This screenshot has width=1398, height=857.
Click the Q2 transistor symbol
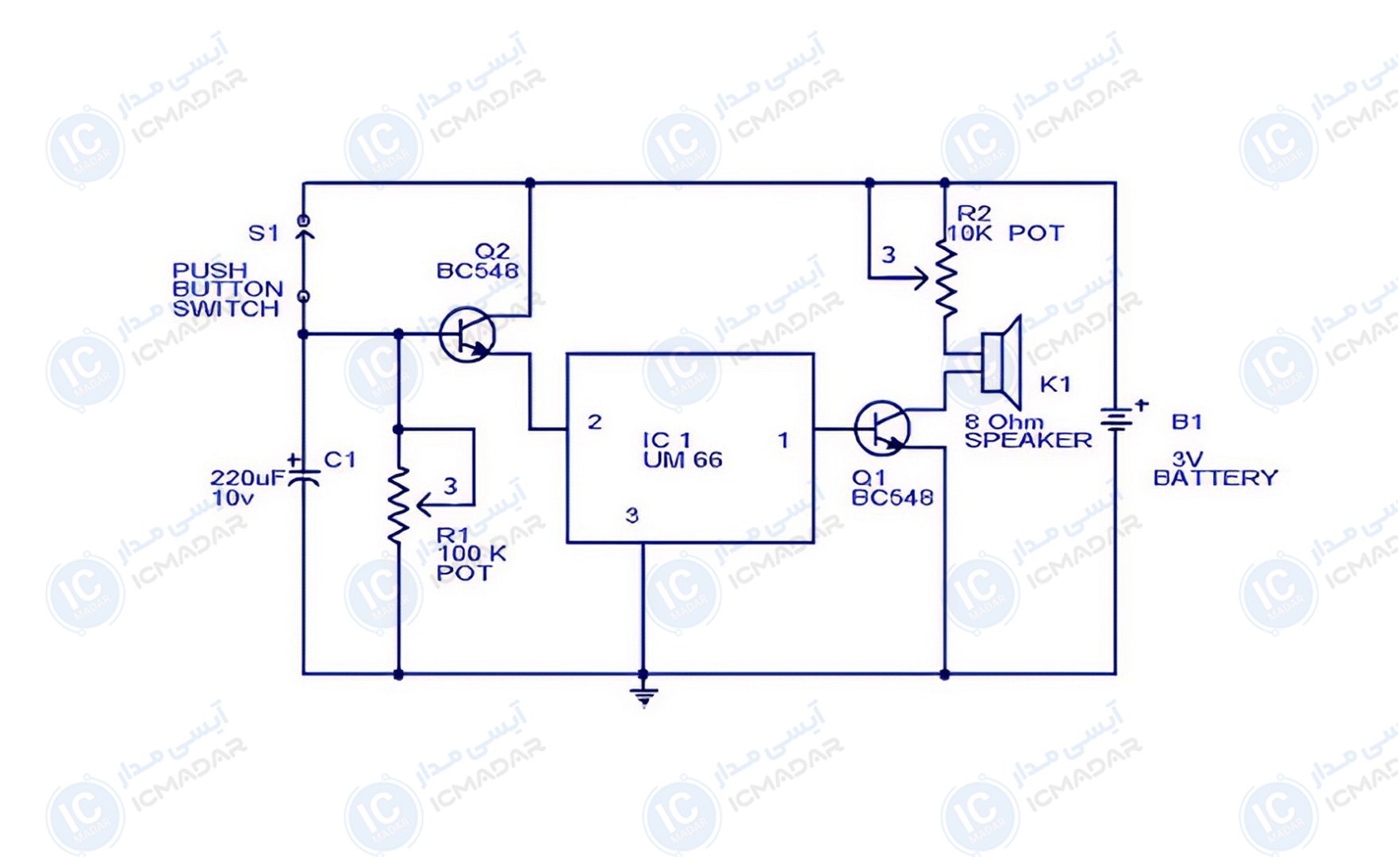[467, 335]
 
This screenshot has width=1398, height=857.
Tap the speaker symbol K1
[1001, 363]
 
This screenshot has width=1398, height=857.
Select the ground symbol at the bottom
[643, 697]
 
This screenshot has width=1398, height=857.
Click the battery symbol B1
[1116, 420]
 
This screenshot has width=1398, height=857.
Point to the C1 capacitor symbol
[303, 476]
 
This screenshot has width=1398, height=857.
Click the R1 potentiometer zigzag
[398, 505]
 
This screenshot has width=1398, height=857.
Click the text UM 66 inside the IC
[682, 460]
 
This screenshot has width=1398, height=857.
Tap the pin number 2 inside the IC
[594, 422]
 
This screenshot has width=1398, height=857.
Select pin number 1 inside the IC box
[783, 440]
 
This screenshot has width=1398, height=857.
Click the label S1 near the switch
[263, 233]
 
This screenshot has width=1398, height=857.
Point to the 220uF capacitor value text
[247, 478]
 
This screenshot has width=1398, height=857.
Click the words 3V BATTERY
[1215, 469]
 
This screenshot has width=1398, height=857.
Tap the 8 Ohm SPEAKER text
[1027, 432]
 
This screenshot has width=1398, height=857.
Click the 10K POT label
[1004, 233]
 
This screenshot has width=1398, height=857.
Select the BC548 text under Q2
[478, 271]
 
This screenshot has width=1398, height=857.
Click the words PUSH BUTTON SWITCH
[228, 290]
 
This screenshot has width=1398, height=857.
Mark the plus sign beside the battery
[1141, 405]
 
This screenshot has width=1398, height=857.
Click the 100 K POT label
[471, 563]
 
